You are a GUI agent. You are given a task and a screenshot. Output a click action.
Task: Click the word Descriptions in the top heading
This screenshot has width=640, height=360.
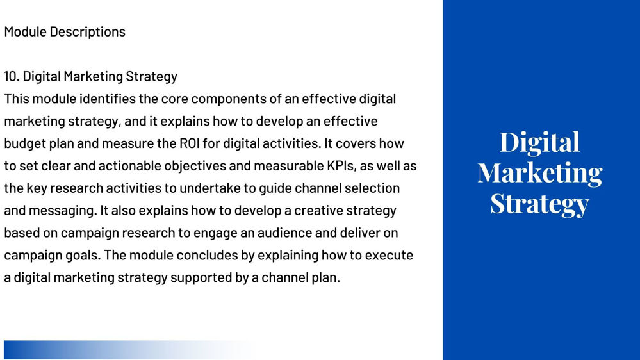87,32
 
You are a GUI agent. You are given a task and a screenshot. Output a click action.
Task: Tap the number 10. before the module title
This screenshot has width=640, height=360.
12,76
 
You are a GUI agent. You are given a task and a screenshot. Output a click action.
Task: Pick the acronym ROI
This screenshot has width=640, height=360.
189,143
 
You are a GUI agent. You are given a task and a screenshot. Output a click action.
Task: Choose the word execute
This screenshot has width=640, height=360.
389,256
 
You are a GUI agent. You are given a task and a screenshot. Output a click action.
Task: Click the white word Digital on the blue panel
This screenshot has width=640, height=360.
539,143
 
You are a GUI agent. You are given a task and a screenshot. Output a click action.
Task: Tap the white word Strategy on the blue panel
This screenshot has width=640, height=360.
539,204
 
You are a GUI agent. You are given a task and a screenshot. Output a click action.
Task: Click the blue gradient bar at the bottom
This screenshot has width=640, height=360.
131,350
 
